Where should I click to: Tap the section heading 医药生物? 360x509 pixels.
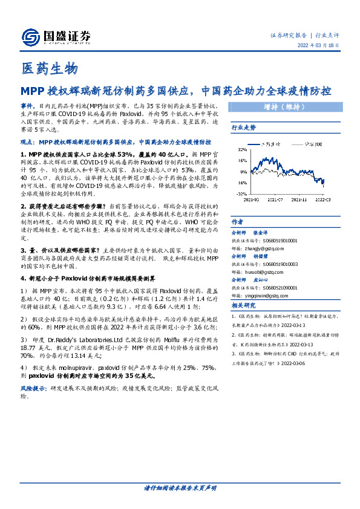[49, 70]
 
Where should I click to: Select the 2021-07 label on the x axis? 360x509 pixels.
[275, 198]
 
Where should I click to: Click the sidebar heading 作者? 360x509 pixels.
[238, 222]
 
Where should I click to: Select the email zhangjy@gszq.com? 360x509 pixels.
[261, 248]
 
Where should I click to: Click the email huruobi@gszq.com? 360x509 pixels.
[260, 271]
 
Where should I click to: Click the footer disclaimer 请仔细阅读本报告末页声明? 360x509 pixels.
[180, 488]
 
